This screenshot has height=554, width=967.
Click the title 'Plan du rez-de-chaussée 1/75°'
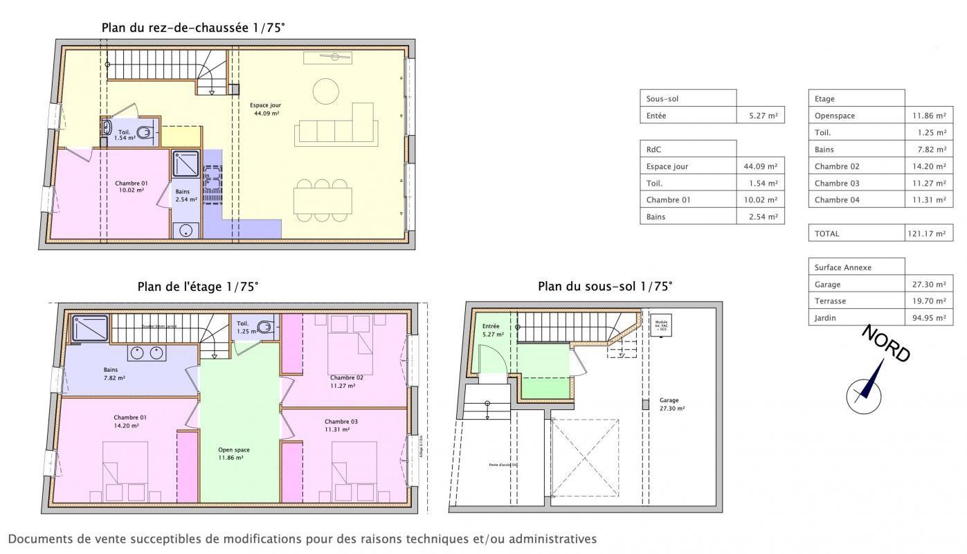(193, 27)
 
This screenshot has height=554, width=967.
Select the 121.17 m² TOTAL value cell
(928, 233)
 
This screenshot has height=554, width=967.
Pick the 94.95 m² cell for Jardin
(928, 318)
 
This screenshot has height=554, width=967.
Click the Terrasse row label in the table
(830, 301)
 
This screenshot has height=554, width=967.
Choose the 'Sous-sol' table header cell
(688, 98)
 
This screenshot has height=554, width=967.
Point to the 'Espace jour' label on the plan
(265, 105)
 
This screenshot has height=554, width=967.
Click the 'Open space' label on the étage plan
(233, 449)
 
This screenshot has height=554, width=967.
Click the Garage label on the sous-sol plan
(669, 400)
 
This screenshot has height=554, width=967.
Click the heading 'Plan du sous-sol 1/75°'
(604, 286)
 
